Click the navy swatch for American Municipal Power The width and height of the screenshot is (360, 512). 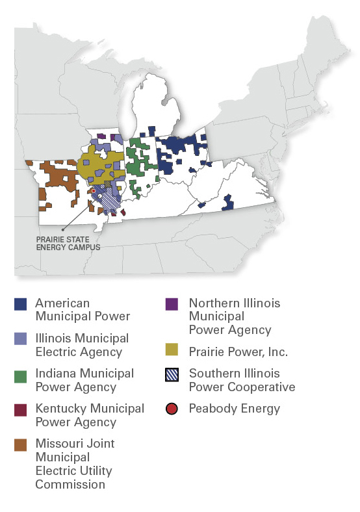(x=21, y=304)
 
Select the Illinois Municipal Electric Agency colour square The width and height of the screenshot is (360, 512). (x=21, y=339)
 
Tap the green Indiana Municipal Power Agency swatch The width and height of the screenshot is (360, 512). (x=21, y=374)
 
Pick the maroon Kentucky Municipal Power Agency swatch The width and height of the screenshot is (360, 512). (x=21, y=409)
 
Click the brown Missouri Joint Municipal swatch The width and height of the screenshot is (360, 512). (x=21, y=444)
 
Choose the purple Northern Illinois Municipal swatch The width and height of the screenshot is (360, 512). (x=172, y=304)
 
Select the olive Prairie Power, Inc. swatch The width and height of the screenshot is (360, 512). (x=172, y=351)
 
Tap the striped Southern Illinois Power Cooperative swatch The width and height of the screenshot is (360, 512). (x=172, y=374)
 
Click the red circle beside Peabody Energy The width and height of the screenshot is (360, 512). (x=172, y=409)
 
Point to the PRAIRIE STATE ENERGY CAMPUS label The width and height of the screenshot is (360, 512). (x=68, y=243)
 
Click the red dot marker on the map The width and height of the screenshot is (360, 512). (x=94, y=190)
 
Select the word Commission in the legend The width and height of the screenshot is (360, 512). (x=70, y=484)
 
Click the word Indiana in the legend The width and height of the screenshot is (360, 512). (x=55, y=374)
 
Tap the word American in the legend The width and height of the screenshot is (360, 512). (x=62, y=303)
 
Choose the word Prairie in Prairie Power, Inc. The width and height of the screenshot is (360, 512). (x=206, y=352)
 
